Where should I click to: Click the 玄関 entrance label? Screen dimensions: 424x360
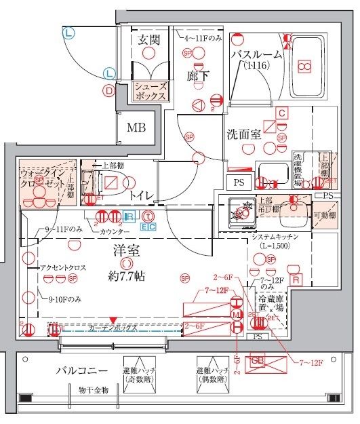click(x=148, y=40)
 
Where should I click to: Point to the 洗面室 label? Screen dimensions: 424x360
click(x=243, y=134)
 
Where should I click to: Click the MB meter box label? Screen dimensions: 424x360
click(x=136, y=127)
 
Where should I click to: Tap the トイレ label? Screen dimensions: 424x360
click(x=140, y=196)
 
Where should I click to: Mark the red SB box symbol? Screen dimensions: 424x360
click(x=258, y=362)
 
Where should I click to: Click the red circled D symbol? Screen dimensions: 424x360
click(x=108, y=90)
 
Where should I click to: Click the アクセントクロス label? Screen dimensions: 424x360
click(x=62, y=268)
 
